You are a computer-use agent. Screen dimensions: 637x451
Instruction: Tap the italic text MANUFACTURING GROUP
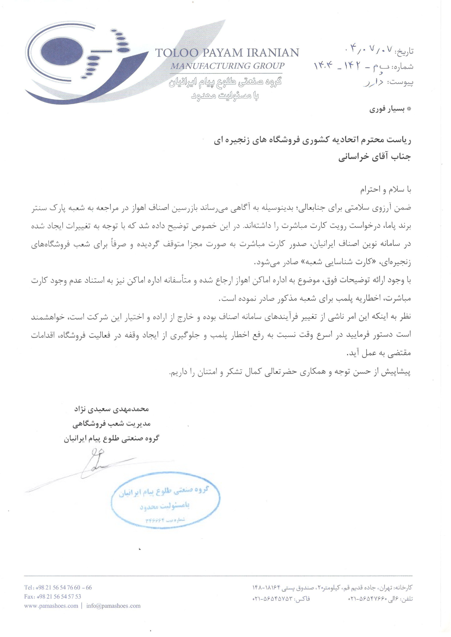pyautogui.click(x=227, y=66)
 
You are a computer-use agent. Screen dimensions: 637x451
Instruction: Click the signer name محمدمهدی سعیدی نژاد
pyautogui.click(x=111, y=409)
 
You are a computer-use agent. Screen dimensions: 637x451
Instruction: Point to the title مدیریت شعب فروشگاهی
pyautogui.click(x=111, y=424)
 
